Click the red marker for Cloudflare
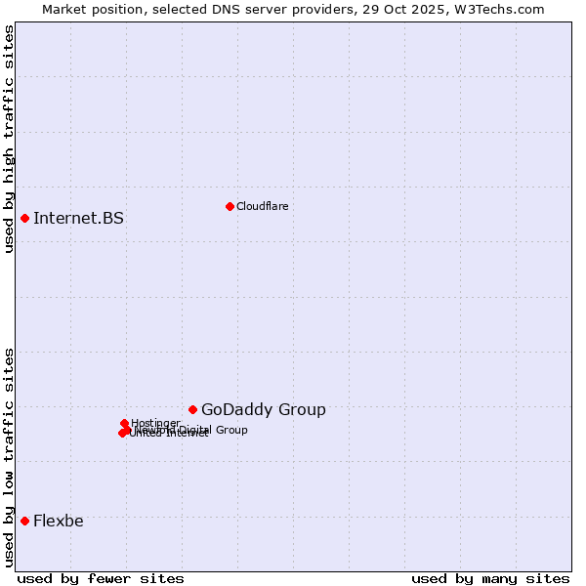[x=230, y=206]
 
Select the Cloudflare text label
[x=262, y=206]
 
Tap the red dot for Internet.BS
[x=24, y=218]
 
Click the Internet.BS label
[x=78, y=218]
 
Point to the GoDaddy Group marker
[x=192, y=409]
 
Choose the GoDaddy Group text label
[x=263, y=410]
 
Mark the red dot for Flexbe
[x=24, y=521]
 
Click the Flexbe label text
[x=58, y=521]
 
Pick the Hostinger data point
[x=124, y=424]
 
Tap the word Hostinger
[x=155, y=423]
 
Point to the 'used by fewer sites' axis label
[x=101, y=578]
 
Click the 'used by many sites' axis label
[x=490, y=578]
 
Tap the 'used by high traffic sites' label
[x=10, y=139]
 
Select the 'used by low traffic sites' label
[x=10, y=457]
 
